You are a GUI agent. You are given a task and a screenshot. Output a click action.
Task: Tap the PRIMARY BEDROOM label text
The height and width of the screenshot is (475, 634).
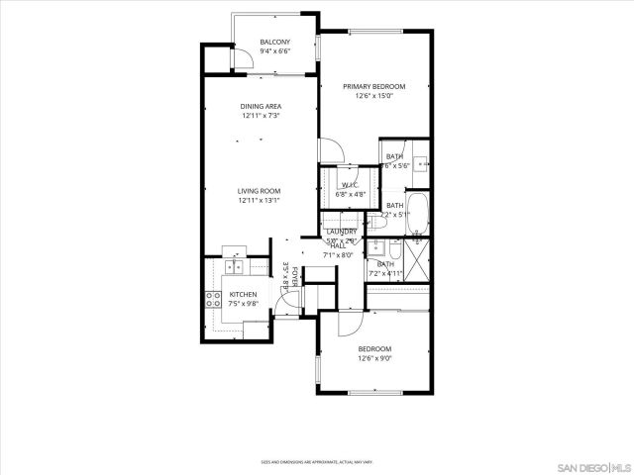(373, 87)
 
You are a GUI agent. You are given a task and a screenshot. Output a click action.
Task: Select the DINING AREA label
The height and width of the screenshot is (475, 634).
(261, 106)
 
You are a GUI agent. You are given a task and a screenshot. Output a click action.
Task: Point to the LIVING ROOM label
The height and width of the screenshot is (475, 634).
(259, 191)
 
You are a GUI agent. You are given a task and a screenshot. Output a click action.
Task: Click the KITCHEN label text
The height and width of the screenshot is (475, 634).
(243, 295)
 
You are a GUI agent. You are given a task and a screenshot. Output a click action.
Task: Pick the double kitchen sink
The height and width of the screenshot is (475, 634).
(235, 265)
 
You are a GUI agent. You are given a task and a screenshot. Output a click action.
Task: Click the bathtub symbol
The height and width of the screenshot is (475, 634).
(420, 210)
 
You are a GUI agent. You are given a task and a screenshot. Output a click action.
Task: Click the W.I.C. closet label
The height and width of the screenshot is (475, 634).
(350, 186)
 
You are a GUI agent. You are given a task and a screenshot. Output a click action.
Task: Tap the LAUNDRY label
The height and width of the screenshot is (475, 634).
(341, 232)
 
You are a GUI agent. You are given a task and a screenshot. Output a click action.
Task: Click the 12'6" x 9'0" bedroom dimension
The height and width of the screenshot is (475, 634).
(374, 358)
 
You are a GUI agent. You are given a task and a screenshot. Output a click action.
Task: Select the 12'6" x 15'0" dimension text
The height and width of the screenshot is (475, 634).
(373, 97)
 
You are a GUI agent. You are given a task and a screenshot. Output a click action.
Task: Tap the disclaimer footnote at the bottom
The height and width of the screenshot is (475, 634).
(316, 461)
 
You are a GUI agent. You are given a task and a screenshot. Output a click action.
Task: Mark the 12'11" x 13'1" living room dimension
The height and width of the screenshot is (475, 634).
(259, 201)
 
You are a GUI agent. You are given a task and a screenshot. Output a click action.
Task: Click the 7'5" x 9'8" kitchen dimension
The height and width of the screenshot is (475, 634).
(243, 305)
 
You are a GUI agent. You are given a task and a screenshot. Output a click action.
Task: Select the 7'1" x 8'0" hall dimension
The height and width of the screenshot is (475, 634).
(339, 255)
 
